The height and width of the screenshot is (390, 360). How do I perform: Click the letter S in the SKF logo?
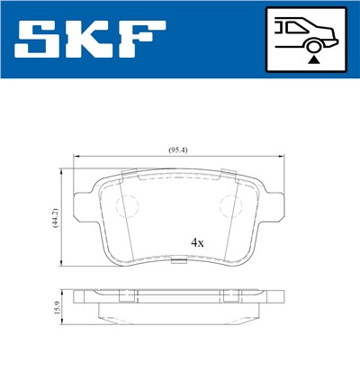pos(41,39)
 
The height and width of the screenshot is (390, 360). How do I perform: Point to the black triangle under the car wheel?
pos(312,59)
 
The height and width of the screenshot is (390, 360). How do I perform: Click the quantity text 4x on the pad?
pos(197,242)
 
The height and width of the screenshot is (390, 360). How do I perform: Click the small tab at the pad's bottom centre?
pos(180,263)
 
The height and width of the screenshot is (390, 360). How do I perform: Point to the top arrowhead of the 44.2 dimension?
pos(62,168)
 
